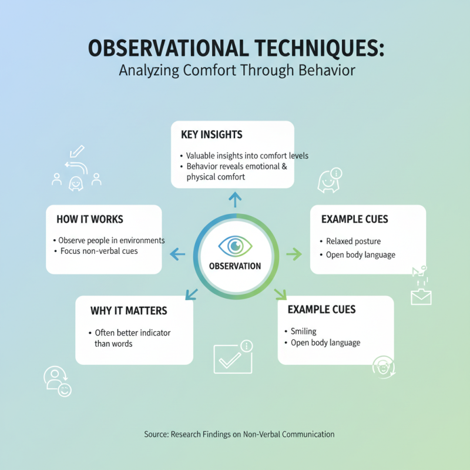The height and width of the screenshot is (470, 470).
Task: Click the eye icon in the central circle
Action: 235,245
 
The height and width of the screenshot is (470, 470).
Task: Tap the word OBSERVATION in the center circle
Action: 235,266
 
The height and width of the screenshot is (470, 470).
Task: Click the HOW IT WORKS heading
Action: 90,219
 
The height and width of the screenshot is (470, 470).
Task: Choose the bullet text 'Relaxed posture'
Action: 354,241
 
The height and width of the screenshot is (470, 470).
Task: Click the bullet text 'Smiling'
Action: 304,331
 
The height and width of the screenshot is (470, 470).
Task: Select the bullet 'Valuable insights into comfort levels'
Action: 247,156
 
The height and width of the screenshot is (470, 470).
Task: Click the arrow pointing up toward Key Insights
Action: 235,200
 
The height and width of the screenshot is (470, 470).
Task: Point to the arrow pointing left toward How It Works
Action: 177,254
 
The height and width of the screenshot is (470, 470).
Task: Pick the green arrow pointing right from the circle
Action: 293,254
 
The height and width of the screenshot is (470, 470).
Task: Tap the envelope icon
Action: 421,297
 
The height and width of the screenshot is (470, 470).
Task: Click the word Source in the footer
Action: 156,434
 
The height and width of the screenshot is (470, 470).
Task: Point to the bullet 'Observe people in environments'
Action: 111,240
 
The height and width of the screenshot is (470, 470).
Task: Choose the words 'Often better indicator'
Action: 133,333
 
